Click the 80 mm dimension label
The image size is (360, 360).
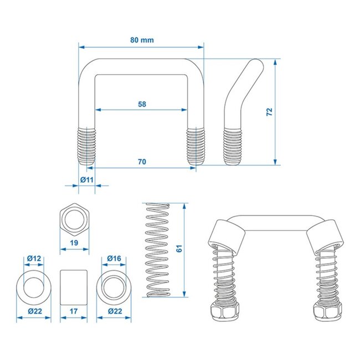(x=142, y=39)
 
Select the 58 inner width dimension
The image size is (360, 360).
(x=142, y=104)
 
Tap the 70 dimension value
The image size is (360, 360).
(x=142, y=161)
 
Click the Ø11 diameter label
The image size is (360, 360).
(x=86, y=179)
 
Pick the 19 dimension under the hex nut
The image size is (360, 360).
(x=75, y=243)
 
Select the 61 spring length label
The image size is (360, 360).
(x=178, y=250)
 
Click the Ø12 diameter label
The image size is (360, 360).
(x=34, y=258)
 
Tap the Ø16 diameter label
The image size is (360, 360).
(x=114, y=258)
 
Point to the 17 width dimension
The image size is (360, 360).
(x=75, y=312)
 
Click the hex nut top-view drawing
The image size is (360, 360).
(x=75, y=220)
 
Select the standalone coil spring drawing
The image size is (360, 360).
(x=157, y=250)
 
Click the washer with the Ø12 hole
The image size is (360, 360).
(x=34, y=286)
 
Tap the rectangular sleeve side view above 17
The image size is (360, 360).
(x=75, y=286)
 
